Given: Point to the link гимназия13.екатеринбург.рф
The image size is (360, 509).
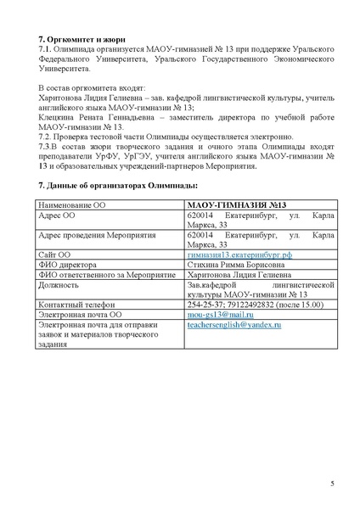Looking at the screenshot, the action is (228, 255).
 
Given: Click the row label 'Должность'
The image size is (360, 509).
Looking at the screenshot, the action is (60, 284).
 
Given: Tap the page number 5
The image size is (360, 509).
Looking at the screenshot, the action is (332, 483).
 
